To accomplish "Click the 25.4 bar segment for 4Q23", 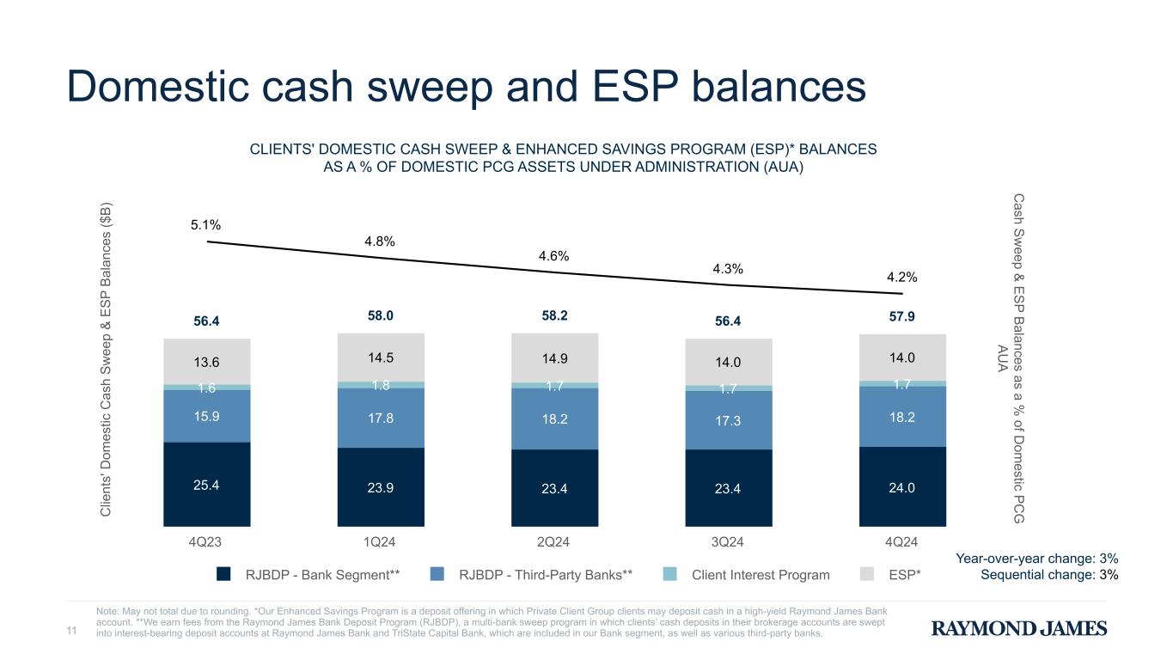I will click(x=206, y=484).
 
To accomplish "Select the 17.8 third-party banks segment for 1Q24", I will click(x=380, y=418).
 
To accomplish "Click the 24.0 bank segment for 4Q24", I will click(x=901, y=486).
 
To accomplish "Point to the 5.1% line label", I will click(x=206, y=225).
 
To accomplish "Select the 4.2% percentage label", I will click(x=901, y=277).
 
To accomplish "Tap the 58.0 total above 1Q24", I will click(x=380, y=316).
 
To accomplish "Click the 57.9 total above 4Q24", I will click(x=901, y=316).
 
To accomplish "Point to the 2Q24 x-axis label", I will click(x=553, y=542).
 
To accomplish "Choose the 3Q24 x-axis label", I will click(x=727, y=542).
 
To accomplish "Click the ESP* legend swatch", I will click(x=871, y=574).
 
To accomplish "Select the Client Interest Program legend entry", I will click(x=761, y=575).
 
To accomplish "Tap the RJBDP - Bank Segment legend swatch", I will click(x=223, y=574).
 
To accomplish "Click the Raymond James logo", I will click(x=1019, y=629).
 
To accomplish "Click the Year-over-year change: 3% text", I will click(x=1036, y=559).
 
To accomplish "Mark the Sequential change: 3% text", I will click(x=1048, y=575).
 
